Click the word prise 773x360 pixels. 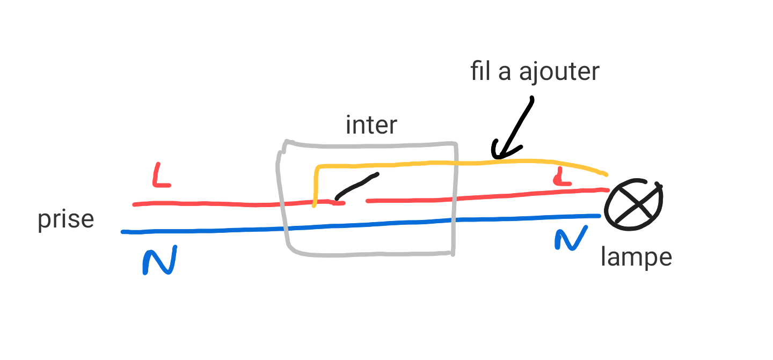click(65, 221)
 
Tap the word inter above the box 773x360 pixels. click(371, 125)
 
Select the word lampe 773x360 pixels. click(636, 258)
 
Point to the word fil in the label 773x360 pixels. click(482, 71)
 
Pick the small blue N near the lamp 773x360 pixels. click(570, 238)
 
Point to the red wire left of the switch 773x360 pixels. click(215, 204)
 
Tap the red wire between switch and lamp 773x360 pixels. click(510, 195)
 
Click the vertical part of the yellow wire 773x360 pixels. click(316, 185)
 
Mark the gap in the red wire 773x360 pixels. click(355, 202)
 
